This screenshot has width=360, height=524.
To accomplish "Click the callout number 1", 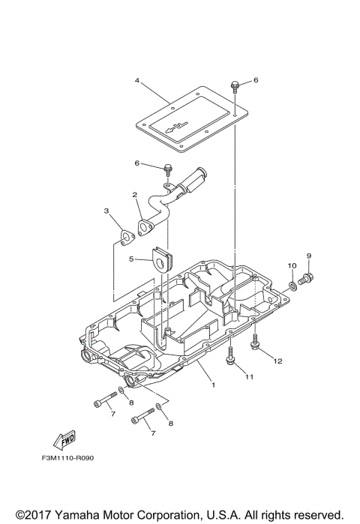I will pos(213,385).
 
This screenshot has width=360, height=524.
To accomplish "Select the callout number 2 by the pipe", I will pos(135,195).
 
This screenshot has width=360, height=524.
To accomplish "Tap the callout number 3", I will pos(106,212).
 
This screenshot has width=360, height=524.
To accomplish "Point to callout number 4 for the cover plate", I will pos(137,79).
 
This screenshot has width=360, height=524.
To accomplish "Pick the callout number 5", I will pos(130,259).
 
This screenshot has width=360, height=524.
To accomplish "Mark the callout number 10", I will pos(292,266).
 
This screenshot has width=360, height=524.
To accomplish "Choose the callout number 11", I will pos(250,376).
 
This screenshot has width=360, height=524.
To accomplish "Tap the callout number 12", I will pos(277,361).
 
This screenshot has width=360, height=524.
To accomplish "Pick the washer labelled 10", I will pos(291,285).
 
